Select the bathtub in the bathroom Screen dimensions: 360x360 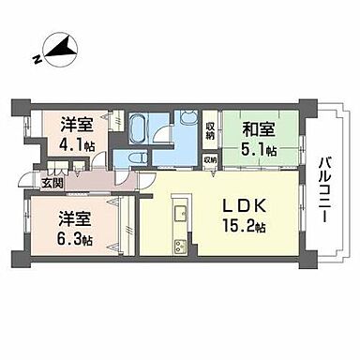pos(140,126)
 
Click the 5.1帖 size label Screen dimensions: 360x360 pos(260,149)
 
